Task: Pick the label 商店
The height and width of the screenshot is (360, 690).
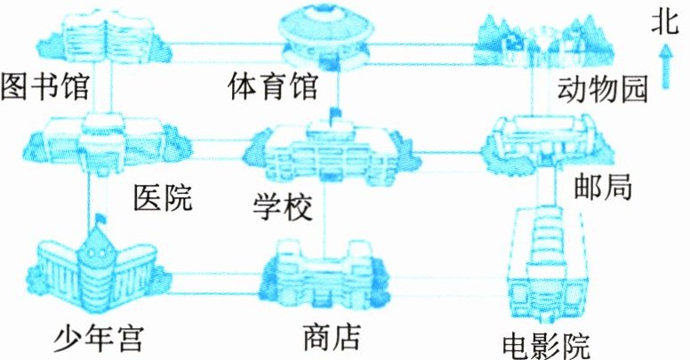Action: [331, 337]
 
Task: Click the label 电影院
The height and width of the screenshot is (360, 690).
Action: [546, 341]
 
